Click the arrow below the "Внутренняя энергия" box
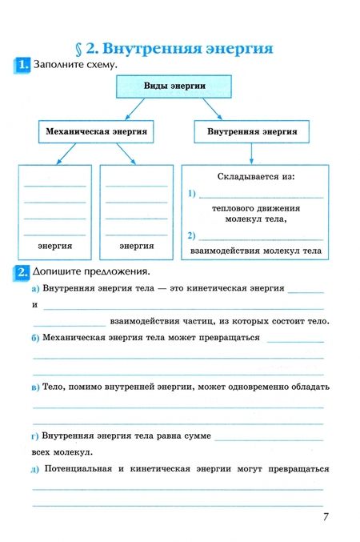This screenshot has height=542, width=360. [252, 152]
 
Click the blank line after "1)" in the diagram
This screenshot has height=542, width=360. [261, 196]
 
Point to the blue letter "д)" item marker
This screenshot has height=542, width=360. [36, 469]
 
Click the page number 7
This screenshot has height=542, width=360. [326, 516]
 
